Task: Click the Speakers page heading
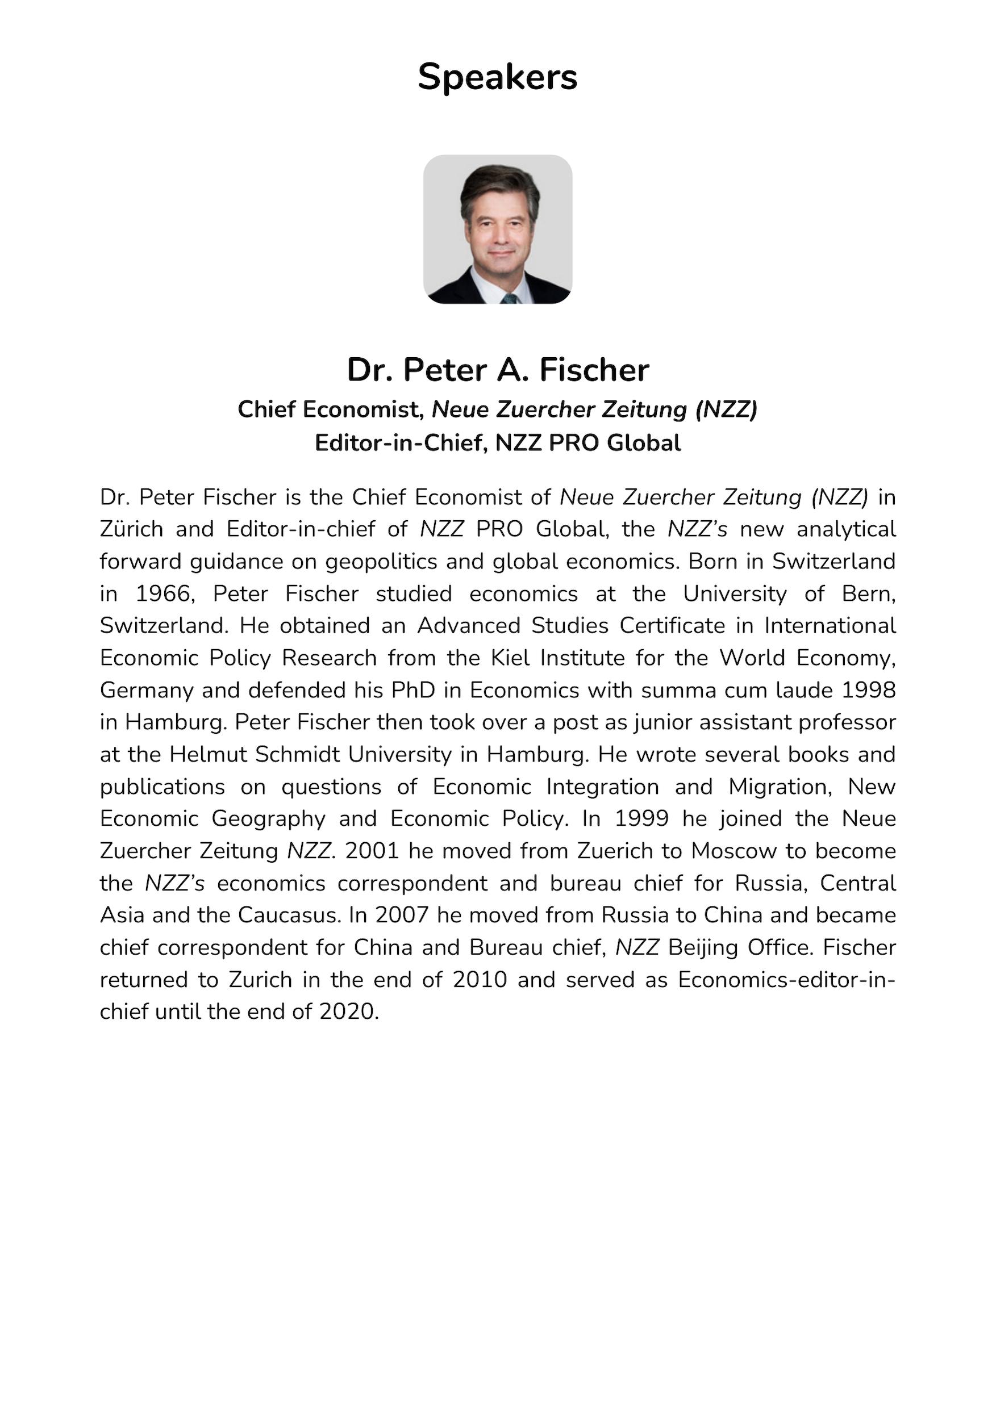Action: (497, 77)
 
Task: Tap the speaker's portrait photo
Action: (497, 229)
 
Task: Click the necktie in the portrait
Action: (509, 299)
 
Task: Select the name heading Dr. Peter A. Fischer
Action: (497, 370)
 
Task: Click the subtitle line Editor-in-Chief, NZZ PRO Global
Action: (497, 442)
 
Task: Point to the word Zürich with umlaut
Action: (131, 529)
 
